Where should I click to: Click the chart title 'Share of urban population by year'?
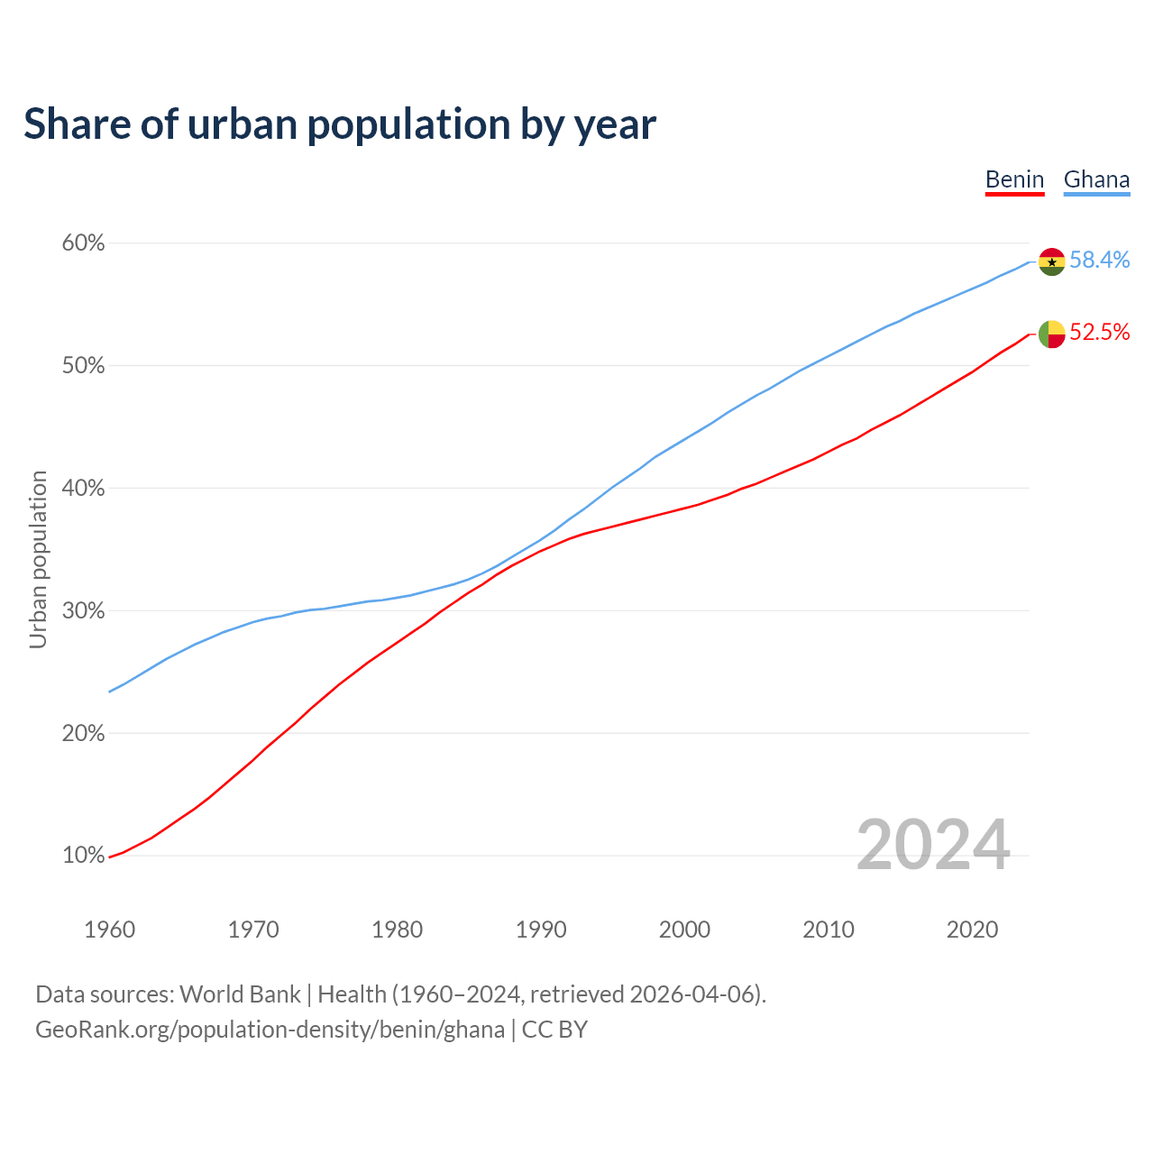point(339,124)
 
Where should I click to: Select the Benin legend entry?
point(1014,179)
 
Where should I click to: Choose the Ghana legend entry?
point(1096,179)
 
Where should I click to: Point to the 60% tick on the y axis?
point(83,243)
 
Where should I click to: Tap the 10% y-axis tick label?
point(83,856)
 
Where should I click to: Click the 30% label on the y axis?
point(83,611)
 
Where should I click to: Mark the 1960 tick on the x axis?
point(109,930)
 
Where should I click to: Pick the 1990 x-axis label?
point(541,930)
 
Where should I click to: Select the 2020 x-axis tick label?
point(972,930)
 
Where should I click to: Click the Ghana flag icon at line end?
point(1051,261)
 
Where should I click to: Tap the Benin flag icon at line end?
point(1051,334)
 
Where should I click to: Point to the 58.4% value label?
point(1100,260)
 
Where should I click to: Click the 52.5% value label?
point(1100,333)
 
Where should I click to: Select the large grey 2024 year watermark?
point(933,845)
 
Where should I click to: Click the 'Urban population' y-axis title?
point(38,559)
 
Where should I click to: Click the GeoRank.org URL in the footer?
point(270,1030)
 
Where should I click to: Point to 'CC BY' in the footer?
point(554,1030)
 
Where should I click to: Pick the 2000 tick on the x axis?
point(684,930)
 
